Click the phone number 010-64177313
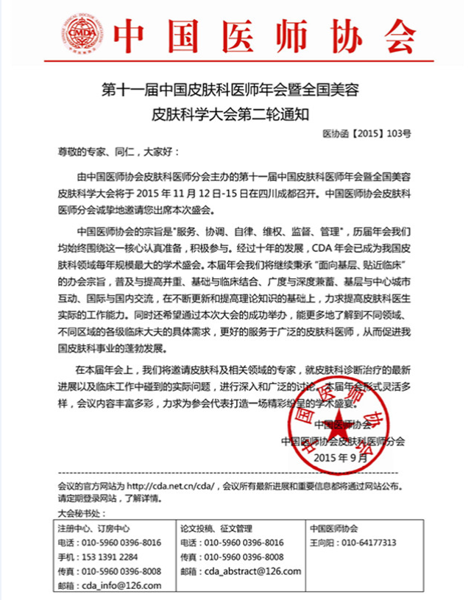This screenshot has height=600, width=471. tap(367, 543)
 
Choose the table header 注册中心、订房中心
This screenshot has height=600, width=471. tap(93, 529)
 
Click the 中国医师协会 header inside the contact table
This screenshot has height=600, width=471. tap(334, 529)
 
